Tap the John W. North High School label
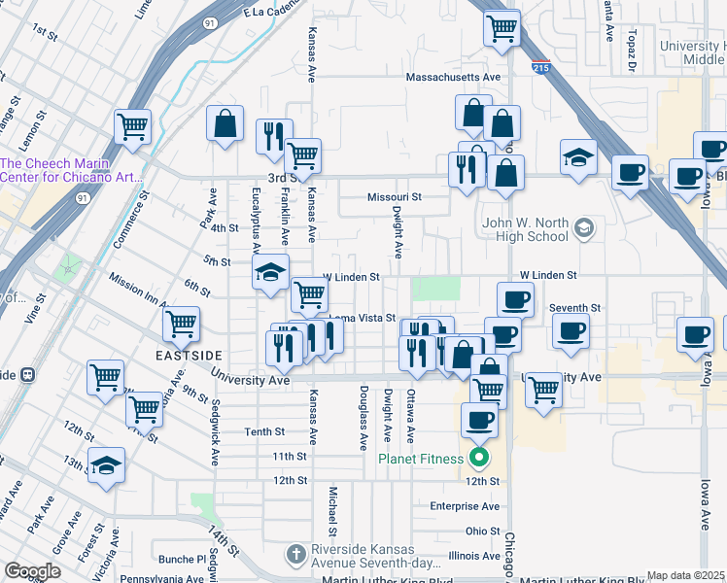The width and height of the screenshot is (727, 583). (525, 229)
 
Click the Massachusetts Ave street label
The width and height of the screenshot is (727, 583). (452, 77)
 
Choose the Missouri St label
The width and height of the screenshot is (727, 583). (394, 196)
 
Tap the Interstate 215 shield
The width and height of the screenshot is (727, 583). (540, 67)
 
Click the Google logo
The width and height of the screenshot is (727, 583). (32, 571)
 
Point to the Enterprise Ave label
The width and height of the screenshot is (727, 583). (466, 506)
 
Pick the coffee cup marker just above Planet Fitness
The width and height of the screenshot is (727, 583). (479, 420)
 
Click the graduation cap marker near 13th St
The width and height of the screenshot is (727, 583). (106, 465)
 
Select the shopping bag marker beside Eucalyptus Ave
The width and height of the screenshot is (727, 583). (225, 123)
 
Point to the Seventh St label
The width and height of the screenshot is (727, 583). (574, 307)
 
